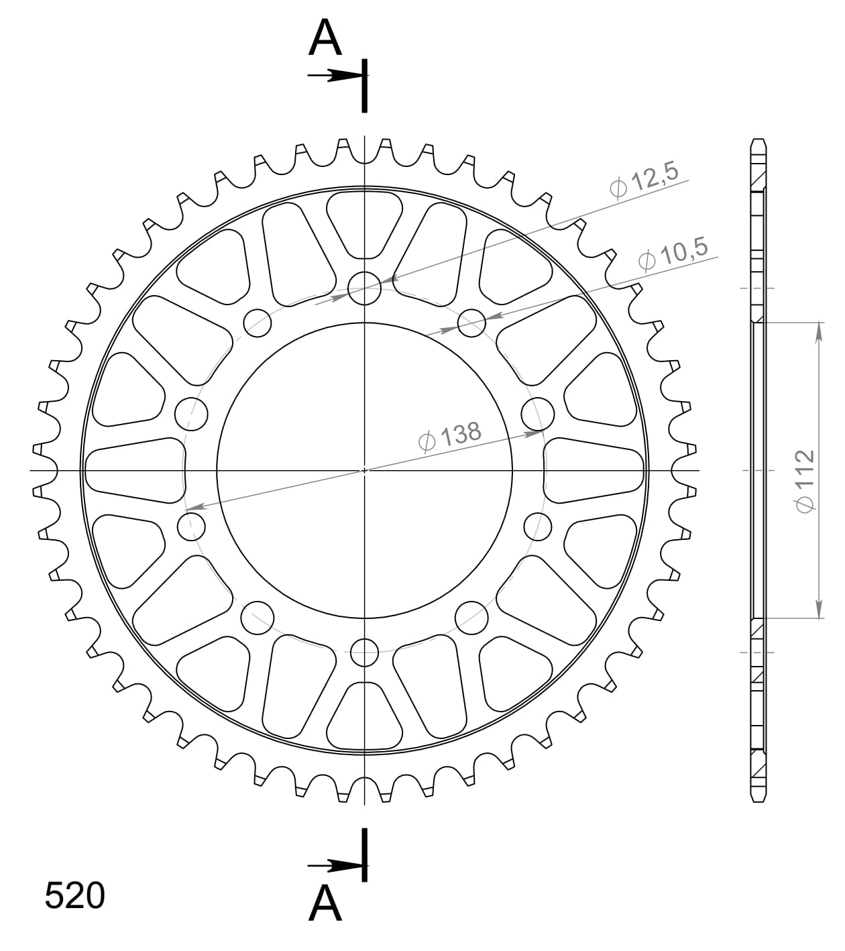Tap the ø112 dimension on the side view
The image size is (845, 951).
[804, 480]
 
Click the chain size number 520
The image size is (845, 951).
[74, 896]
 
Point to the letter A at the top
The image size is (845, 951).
[325, 39]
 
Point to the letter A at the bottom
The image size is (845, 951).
[325, 903]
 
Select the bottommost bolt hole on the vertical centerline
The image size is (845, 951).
[365, 651]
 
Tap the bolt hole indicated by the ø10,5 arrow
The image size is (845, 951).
[471, 323]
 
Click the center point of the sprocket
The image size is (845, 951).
[365, 469]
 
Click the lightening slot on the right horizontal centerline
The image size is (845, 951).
[594, 469]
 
